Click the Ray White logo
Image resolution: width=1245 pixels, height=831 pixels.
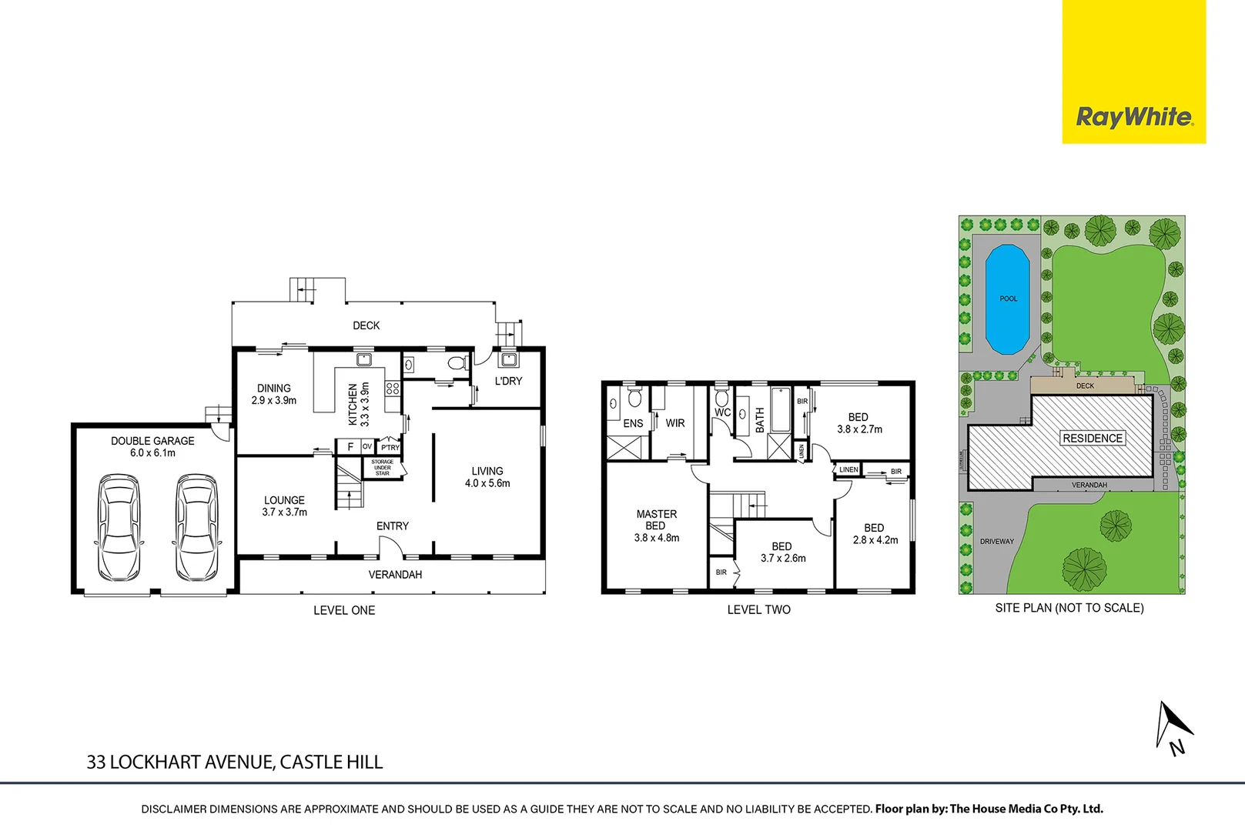point(1133,117)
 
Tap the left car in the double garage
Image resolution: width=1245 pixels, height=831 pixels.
point(120,528)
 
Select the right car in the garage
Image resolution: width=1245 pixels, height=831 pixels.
point(196,528)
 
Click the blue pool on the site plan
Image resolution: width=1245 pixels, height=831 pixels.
point(1008,299)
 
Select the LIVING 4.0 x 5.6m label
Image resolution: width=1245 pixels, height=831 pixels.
point(487,477)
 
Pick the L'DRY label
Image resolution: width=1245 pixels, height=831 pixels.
point(508,381)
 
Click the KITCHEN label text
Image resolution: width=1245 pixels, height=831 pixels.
point(353,405)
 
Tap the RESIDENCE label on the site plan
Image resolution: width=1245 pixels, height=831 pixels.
point(1092,438)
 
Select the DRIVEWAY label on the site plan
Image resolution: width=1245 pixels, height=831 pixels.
point(996,542)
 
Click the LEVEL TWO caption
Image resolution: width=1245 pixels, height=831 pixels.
point(758,609)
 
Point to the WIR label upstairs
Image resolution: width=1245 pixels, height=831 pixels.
point(675,423)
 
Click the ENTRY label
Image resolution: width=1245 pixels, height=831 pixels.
point(392,526)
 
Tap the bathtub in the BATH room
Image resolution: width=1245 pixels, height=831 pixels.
point(781,410)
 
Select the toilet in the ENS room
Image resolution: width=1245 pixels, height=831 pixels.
point(634,397)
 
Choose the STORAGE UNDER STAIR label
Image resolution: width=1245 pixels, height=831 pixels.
point(383,468)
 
